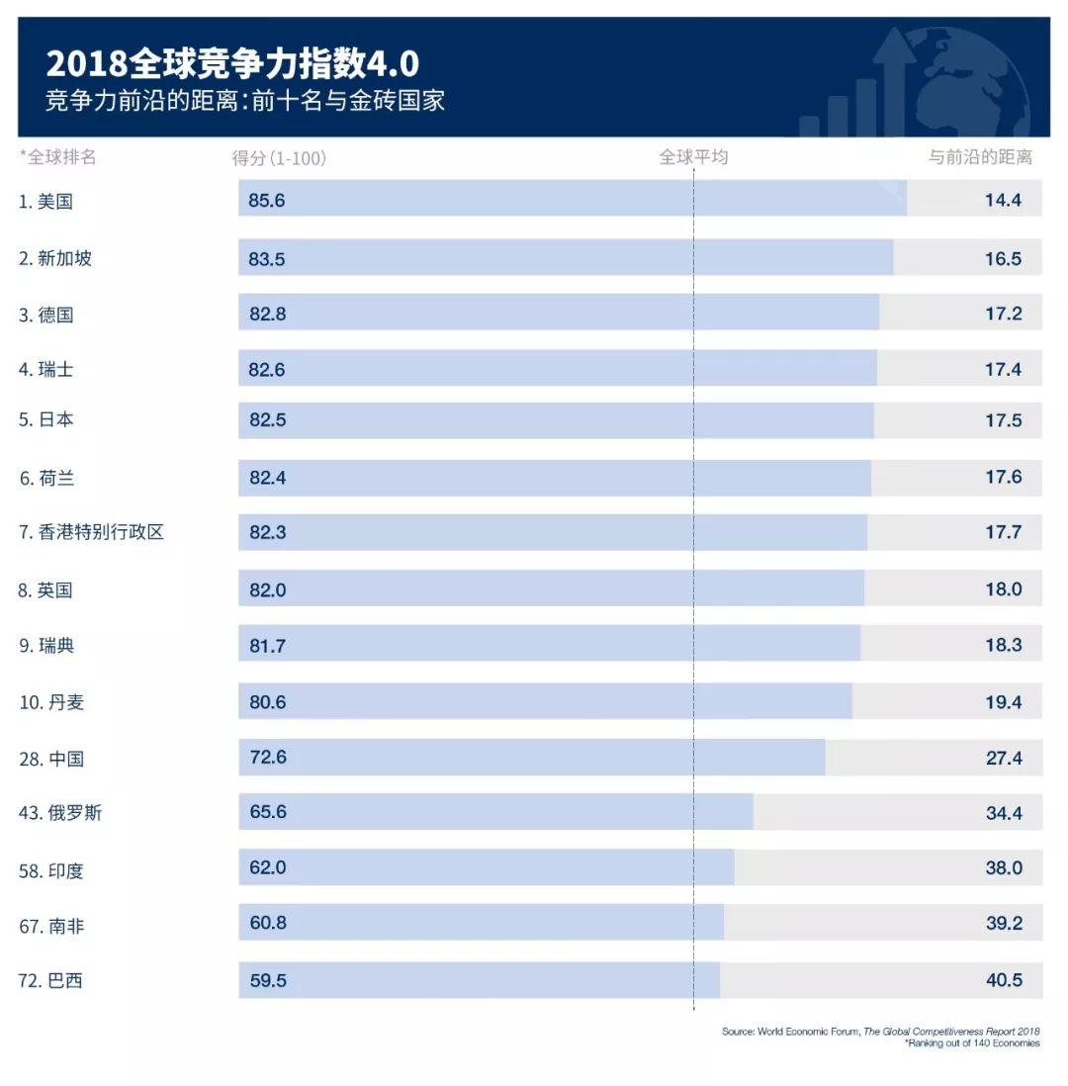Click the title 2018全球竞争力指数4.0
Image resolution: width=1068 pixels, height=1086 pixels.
232,64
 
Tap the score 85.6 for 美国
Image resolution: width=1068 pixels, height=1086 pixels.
267,200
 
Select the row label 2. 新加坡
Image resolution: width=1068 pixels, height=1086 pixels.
55,258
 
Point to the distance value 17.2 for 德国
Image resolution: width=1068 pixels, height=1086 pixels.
1003,314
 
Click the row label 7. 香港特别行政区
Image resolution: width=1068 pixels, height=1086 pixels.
91,532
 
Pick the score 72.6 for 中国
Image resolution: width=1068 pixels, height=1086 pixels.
267,758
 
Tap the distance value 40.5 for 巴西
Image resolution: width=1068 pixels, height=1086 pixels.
1003,981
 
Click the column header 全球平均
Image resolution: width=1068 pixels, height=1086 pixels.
693,157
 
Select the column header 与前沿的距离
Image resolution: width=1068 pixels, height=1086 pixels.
979,157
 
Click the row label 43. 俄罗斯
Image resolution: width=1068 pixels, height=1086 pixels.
60,813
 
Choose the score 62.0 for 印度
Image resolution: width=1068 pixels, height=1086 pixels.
267,867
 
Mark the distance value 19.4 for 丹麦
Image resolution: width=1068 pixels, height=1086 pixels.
1003,702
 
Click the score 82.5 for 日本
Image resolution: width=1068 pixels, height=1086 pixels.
267,419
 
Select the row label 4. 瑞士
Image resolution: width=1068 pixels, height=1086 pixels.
46,370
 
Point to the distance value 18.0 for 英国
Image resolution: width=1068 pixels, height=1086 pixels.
1003,589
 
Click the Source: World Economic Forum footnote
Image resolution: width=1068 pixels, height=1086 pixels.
880,1031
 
